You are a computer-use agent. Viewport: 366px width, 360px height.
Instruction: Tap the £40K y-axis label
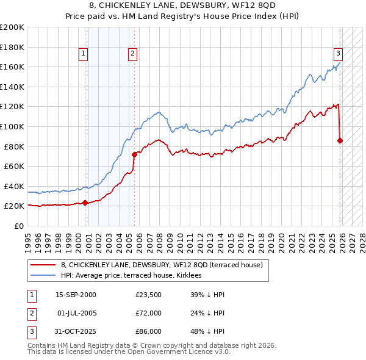coord(14,186)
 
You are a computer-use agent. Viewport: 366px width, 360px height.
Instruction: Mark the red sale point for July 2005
coord(134,154)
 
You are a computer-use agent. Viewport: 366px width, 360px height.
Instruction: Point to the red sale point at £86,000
coord(340,140)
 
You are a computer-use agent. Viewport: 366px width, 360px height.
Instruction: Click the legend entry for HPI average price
coord(135,276)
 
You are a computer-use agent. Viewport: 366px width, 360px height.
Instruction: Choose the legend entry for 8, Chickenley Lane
coord(162,265)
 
